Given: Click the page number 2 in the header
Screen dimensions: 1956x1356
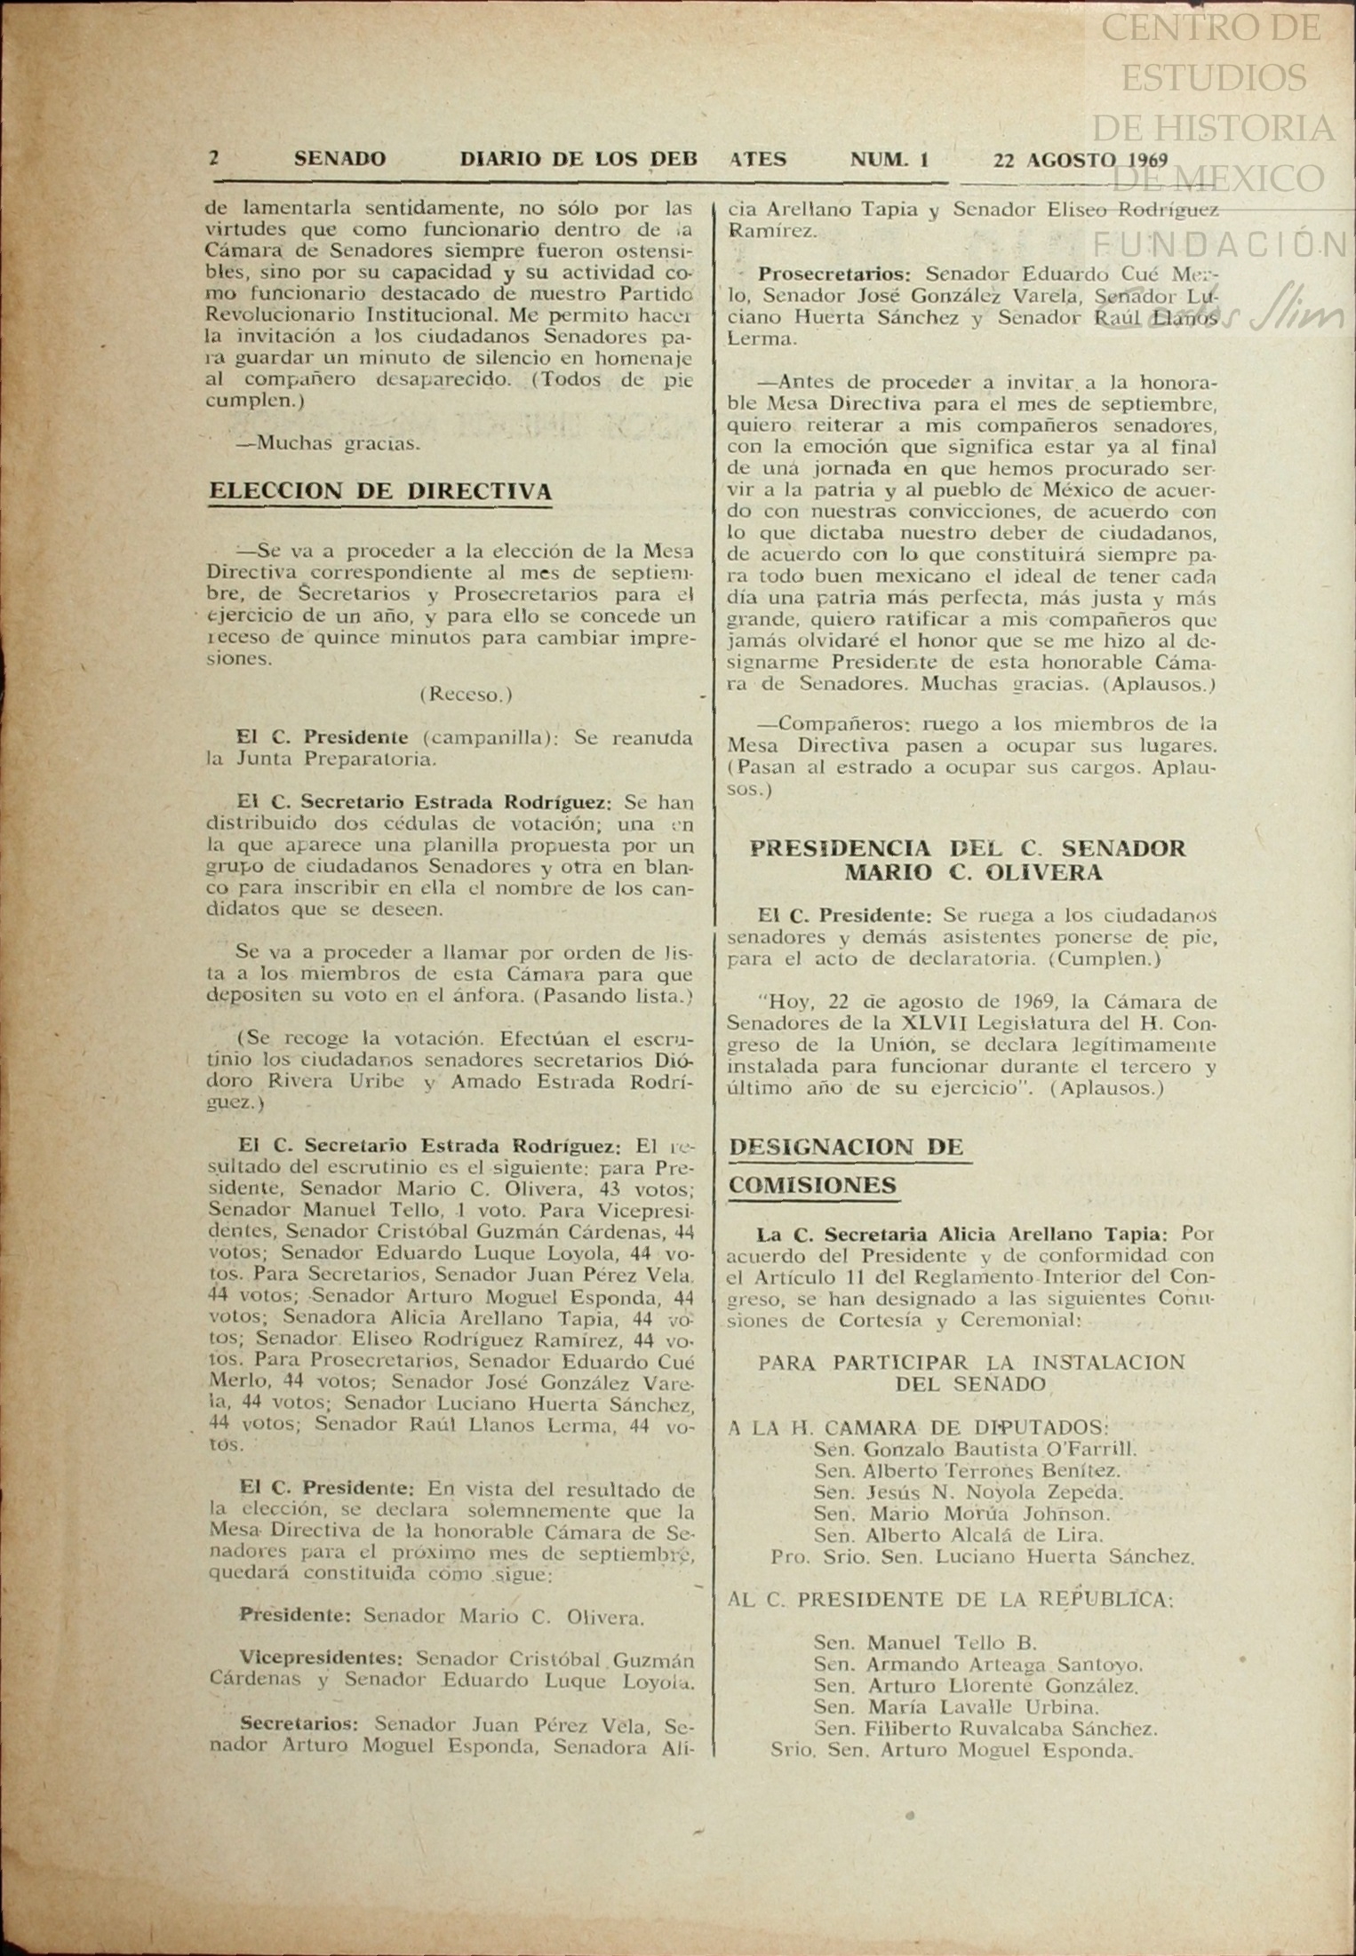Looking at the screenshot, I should pos(213,160).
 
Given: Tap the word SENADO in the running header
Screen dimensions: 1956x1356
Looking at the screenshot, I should pos(339,160).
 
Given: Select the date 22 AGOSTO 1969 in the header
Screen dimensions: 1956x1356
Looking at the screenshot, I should pos(1080,161).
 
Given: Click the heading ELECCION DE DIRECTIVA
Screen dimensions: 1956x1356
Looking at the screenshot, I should pos(380,492).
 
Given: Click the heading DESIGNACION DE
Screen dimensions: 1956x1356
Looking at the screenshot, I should pos(846,1147).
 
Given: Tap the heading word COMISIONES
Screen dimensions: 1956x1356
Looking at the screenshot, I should pos(812,1186).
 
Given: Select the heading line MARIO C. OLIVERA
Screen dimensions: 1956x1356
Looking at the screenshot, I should pos(972,873).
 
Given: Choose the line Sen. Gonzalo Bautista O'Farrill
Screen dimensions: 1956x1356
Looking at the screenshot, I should pos(974,1449).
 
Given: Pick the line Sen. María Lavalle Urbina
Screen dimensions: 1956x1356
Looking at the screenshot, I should pos(956,1706).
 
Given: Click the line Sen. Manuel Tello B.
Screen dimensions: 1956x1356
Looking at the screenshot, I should pos(924,1642).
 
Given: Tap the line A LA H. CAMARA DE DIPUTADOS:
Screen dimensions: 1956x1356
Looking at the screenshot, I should pos(918,1427).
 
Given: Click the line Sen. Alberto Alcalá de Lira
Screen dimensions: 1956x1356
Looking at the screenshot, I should pos(958,1535).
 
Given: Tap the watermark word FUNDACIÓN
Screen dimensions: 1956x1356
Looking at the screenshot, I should pos(1217,243).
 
